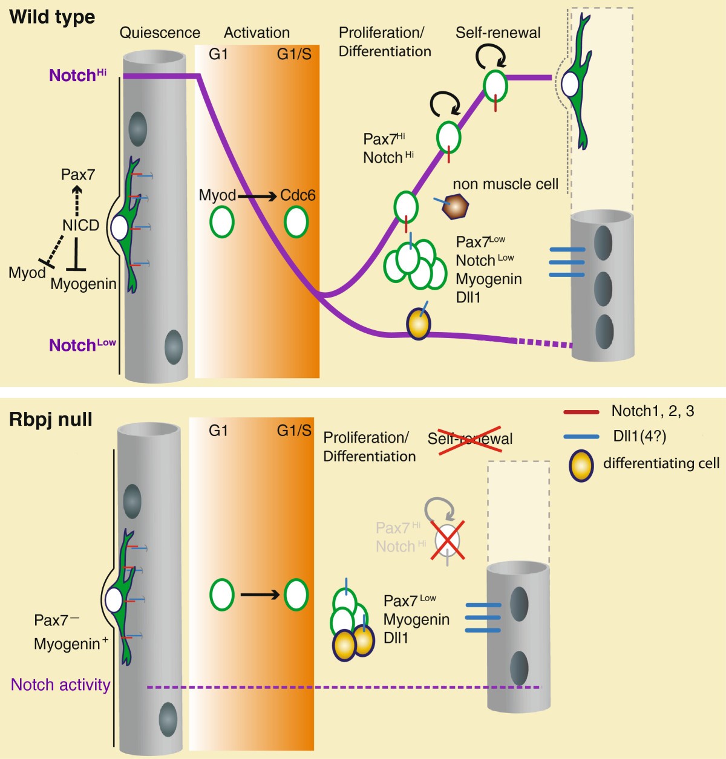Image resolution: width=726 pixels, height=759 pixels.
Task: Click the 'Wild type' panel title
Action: point(52,17)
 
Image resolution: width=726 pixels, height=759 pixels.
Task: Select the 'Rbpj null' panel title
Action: point(51,420)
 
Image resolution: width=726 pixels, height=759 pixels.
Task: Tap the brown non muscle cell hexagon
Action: point(455,207)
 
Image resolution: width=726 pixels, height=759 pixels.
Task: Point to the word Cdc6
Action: point(298,196)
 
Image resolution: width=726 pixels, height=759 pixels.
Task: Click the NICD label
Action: point(80,226)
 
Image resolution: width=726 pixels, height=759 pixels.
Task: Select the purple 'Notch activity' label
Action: point(60,685)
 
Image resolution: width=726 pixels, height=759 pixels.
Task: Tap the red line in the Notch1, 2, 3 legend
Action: point(581,412)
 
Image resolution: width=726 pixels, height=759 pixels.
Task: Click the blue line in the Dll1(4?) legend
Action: point(581,436)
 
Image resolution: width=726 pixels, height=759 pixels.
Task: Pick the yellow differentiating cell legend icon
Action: point(581,464)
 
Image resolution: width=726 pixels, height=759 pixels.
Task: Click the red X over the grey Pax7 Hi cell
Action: point(448,539)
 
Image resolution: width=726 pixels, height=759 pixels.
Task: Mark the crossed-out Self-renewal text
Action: point(470,438)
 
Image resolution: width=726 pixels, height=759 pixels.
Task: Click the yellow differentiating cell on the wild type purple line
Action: point(417,325)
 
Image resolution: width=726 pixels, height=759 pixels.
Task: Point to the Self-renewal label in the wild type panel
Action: point(498,33)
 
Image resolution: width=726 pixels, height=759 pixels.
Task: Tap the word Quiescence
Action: point(160,33)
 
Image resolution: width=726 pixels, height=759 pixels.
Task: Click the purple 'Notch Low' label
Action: point(82,345)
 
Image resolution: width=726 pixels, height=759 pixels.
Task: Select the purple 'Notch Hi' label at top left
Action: point(77,75)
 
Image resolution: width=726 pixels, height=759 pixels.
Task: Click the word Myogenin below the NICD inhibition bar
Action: point(83,284)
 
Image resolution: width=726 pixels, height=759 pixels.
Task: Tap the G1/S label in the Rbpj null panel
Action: point(294,431)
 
